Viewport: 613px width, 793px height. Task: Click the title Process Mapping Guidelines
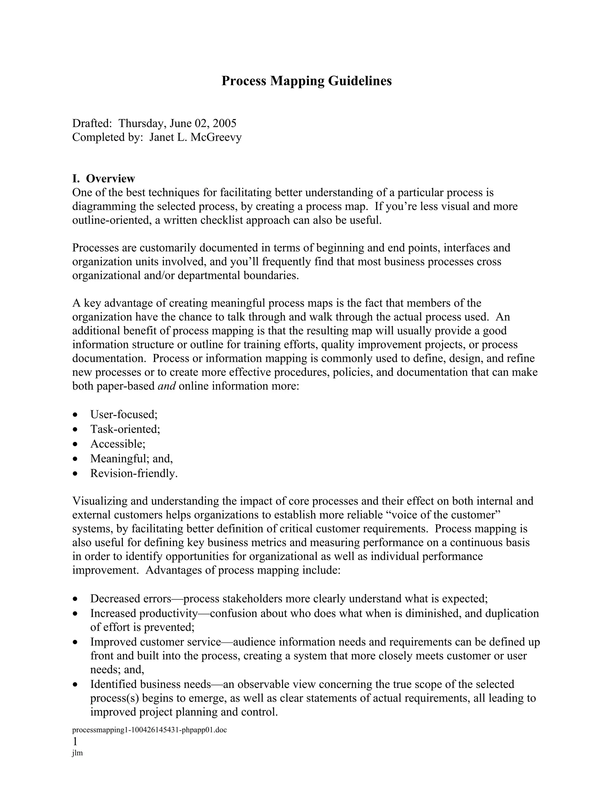click(x=306, y=80)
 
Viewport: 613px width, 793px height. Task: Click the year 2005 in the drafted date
click(x=224, y=124)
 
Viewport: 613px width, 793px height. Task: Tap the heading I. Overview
click(x=104, y=178)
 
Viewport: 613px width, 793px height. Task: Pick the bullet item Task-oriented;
click(x=125, y=429)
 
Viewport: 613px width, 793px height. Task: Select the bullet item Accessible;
click(x=118, y=444)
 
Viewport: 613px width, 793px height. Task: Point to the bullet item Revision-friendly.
click(x=133, y=473)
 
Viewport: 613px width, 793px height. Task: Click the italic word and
click(x=167, y=386)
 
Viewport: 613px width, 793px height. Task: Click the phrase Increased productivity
click(x=144, y=613)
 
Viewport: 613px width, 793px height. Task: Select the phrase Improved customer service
click(x=155, y=642)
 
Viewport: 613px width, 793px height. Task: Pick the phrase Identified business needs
click(x=150, y=684)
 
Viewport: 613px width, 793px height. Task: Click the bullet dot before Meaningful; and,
click(x=75, y=459)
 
